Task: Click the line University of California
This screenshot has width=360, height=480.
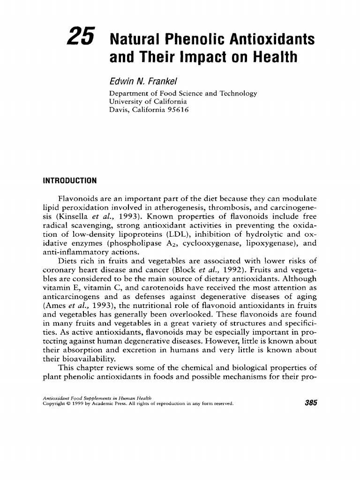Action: pyautogui.click(x=148, y=101)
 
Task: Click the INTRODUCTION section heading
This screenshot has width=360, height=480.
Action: pyautogui.click(x=69, y=180)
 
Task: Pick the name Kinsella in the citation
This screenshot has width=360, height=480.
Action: pyautogui.click(x=71, y=217)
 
